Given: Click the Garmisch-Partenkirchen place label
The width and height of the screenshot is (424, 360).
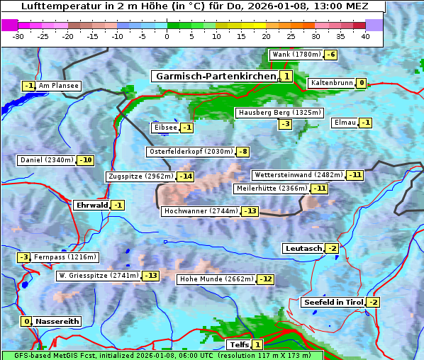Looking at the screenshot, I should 215,76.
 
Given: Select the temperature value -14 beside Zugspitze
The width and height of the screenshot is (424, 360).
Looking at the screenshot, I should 185,176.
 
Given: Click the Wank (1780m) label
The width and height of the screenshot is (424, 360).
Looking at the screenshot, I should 296,55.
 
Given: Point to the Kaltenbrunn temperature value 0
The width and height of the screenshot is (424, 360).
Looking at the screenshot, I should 361,83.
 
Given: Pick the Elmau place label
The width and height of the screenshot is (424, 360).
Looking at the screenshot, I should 344,123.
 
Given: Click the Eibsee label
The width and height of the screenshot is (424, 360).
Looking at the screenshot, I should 164,128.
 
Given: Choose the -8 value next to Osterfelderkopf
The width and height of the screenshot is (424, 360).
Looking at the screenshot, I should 243,152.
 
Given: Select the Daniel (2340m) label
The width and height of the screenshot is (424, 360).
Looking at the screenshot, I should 46,160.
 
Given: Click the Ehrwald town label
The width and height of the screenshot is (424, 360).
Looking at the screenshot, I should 91,206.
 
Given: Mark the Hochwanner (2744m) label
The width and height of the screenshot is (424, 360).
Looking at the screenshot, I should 201,211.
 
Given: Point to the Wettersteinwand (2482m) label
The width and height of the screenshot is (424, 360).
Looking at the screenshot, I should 298,175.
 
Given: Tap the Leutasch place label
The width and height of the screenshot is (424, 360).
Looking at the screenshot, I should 303,248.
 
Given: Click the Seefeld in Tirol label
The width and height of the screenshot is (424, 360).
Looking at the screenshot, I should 333,303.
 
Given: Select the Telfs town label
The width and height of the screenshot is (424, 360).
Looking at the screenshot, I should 238,345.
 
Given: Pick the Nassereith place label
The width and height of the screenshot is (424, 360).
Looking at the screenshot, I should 56,321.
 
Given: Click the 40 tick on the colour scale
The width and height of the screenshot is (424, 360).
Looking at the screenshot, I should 365,36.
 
